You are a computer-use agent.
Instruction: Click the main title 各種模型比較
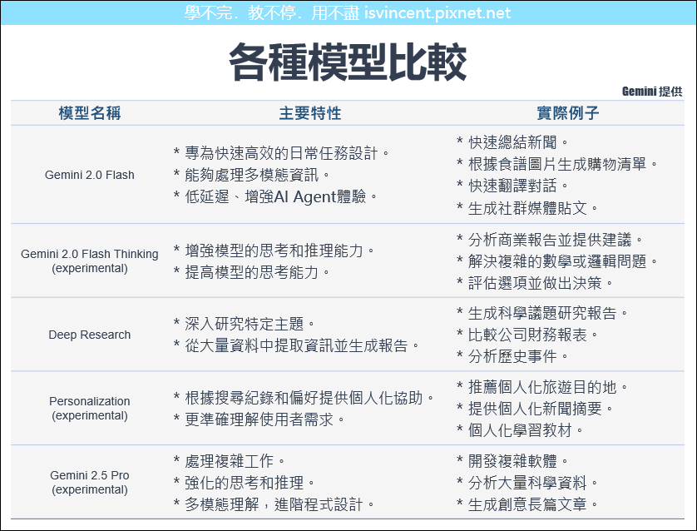point(348,62)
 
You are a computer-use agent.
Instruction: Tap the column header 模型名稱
point(90,113)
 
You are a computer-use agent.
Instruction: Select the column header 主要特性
point(310,113)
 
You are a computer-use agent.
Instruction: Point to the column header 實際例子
point(568,113)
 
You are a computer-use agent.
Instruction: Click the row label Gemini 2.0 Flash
point(89,175)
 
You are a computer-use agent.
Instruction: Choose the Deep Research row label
point(89,335)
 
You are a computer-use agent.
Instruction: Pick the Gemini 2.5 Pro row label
point(89,482)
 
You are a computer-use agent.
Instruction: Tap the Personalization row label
point(89,409)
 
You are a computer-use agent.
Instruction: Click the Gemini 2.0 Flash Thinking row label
point(89,261)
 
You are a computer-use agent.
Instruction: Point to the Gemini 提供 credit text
point(652,92)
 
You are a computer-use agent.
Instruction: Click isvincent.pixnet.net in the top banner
point(437,12)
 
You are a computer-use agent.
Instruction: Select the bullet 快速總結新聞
point(512,143)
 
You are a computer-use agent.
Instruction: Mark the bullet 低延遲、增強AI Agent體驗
point(275,196)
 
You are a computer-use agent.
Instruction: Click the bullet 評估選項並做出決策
point(535,283)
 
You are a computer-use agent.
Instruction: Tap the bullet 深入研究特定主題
point(244,324)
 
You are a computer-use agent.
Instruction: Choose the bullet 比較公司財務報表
point(527,335)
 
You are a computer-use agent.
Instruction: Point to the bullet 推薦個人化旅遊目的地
point(542,387)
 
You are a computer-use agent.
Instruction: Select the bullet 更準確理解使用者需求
point(260,419)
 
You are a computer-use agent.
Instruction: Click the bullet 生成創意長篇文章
point(527,504)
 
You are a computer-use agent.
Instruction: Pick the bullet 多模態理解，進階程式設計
point(274,504)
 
